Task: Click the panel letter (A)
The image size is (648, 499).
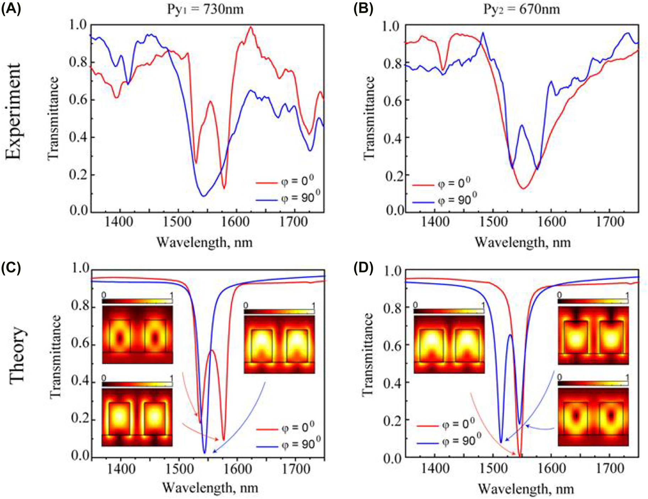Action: coord(11,8)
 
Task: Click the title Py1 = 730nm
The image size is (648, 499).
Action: coord(205,9)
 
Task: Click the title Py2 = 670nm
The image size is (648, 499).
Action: coord(522,9)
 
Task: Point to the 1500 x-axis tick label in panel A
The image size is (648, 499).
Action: coord(178,222)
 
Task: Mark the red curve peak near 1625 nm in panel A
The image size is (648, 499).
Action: coord(251,27)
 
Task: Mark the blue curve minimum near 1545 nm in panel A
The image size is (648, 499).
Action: coord(203,196)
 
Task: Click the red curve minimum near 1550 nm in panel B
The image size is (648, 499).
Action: coord(523,188)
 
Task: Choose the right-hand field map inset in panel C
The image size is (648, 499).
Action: coord(279,344)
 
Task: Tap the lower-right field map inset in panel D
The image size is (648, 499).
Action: coord(593,417)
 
